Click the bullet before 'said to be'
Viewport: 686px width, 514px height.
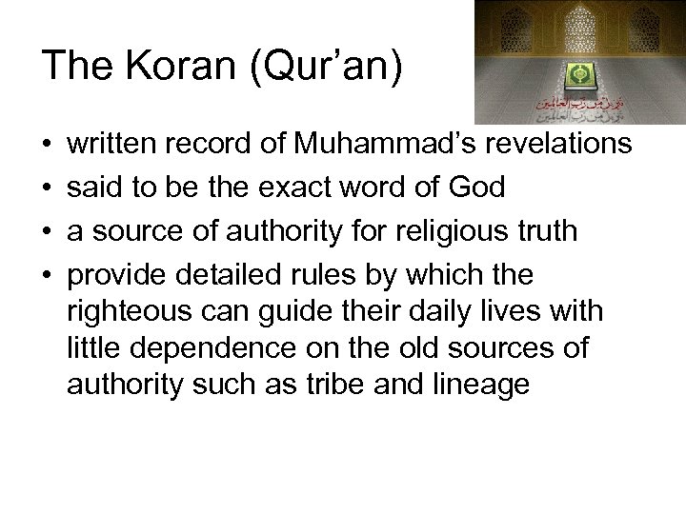(x=48, y=188)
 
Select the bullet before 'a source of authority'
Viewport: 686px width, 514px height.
(x=48, y=231)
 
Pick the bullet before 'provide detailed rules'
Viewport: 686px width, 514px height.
(x=48, y=275)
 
